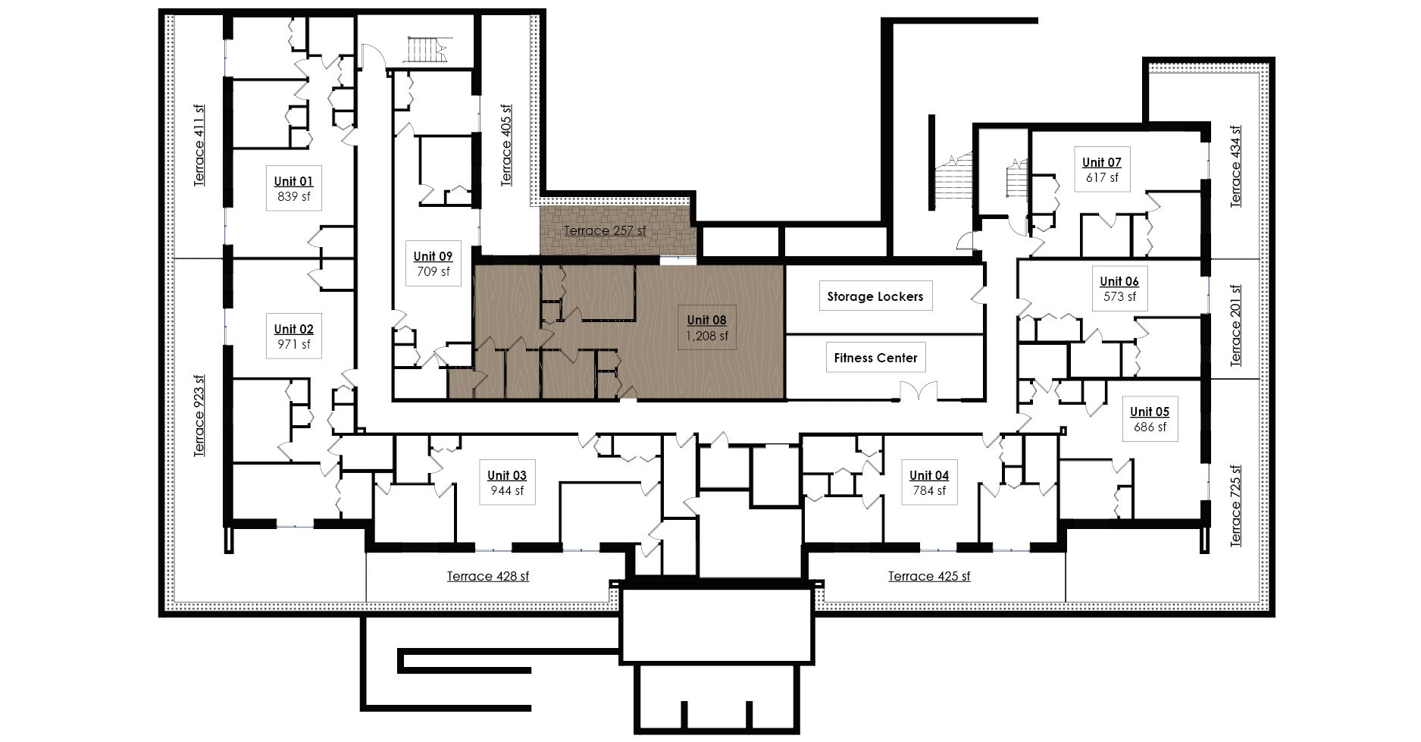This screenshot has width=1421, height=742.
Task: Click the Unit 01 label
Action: (293, 188)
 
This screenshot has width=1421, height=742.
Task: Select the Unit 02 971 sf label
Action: (293, 337)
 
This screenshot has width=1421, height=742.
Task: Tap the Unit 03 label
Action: (507, 483)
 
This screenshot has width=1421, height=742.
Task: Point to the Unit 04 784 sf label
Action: (929, 483)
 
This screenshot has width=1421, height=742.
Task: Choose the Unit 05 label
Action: (1150, 419)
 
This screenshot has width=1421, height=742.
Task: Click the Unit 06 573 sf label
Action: (1119, 289)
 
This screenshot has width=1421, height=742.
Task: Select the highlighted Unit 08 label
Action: (707, 327)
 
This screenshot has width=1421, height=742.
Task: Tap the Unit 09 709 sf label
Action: (433, 264)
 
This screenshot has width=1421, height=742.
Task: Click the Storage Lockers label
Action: (875, 296)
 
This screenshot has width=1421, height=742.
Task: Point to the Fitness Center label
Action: (875, 358)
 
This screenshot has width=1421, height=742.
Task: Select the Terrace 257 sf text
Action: (605, 230)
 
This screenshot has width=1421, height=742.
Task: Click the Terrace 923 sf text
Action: (199, 415)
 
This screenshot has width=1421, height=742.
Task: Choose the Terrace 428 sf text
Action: (488, 576)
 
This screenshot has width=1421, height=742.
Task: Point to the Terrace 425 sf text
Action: (929, 576)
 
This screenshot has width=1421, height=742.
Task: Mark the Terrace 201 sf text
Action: (1236, 326)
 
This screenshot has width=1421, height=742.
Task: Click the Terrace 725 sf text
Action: (1236, 506)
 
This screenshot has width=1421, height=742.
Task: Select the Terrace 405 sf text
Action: (506, 145)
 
